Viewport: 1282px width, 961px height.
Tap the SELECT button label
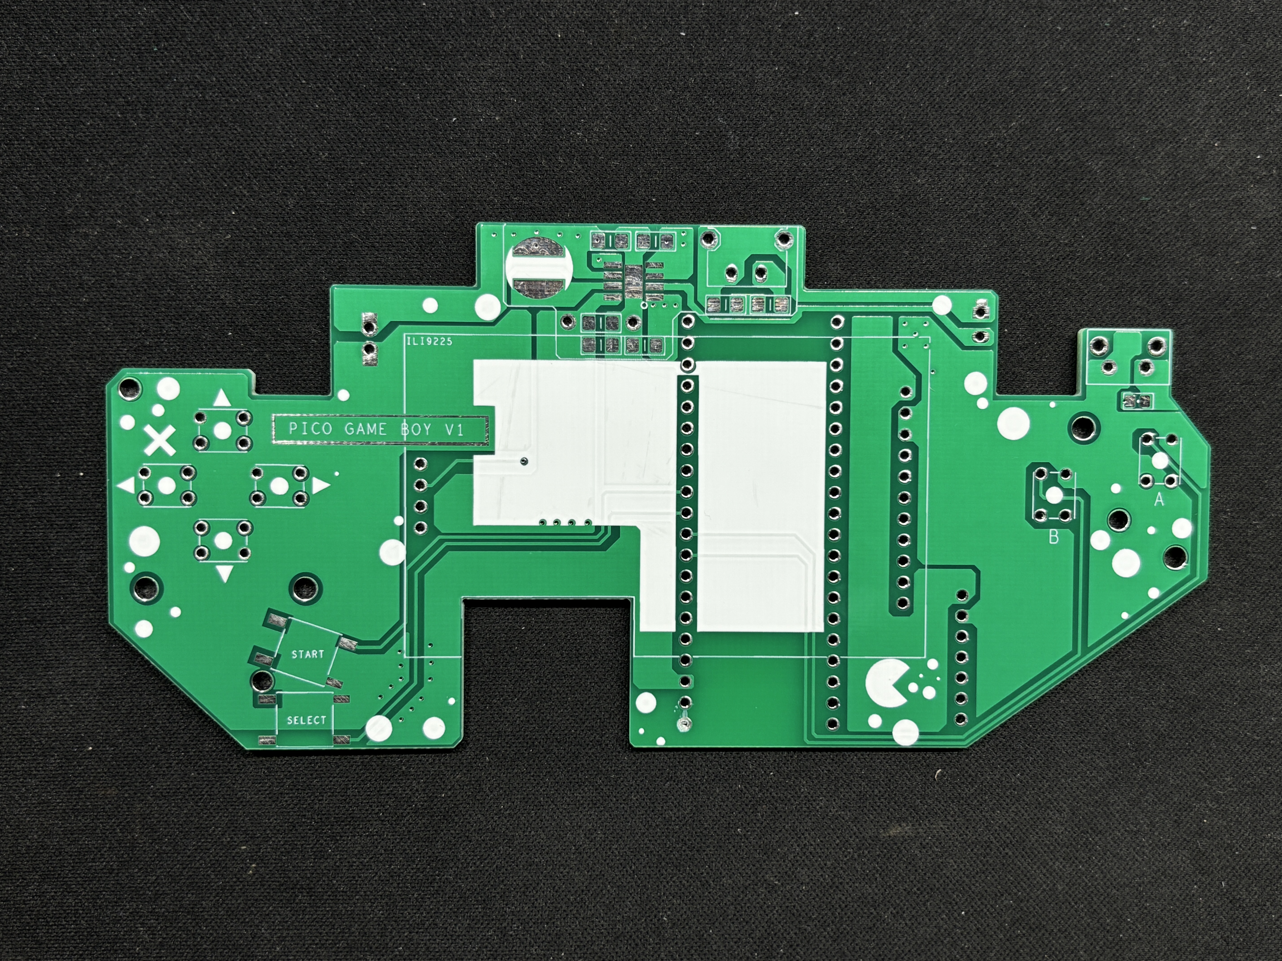pos(307,720)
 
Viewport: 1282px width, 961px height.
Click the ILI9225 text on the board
pos(429,342)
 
